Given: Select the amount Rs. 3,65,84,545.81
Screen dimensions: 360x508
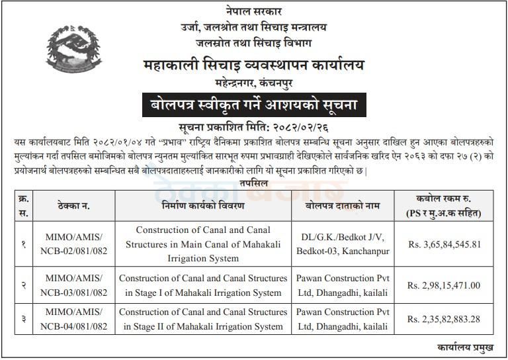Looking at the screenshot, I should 444,244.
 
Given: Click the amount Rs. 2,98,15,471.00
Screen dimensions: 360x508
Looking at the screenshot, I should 444,285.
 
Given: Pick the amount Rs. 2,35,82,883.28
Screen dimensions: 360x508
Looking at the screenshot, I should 444,320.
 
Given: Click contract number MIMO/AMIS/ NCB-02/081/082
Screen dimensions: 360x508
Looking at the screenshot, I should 73,244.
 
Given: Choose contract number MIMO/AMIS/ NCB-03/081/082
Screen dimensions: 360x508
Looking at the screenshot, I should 73,285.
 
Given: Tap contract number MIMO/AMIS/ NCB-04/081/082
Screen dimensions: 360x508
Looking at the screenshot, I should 73,320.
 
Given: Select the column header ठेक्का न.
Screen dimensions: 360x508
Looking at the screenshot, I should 73,206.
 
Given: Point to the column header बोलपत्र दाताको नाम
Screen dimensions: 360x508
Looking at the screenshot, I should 342,206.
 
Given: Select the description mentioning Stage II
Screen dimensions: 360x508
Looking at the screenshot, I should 203,320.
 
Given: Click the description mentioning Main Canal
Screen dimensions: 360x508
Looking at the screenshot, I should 203,244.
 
